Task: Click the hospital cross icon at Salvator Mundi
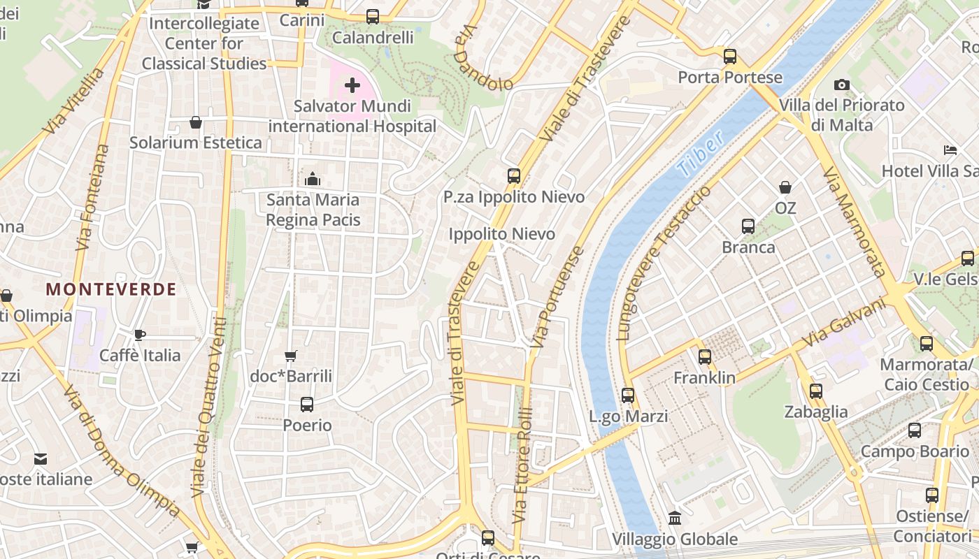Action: pos(352,86)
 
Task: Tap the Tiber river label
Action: pos(701,155)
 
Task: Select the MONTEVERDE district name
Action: pos(111,289)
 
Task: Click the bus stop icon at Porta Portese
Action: pos(730,57)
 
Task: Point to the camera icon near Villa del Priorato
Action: pos(842,85)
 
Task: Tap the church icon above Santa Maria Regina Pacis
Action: pos(313,179)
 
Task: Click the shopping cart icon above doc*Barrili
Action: pos(291,356)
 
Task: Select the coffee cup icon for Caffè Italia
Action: pos(139,335)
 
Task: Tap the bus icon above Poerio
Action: pos(306,404)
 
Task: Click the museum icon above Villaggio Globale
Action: pos(675,518)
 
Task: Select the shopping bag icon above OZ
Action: pos(785,187)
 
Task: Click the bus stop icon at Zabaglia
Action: pos(815,391)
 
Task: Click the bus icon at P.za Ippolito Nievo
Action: pos(514,176)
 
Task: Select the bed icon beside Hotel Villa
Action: pos(950,150)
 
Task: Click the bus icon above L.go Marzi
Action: pos(628,395)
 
